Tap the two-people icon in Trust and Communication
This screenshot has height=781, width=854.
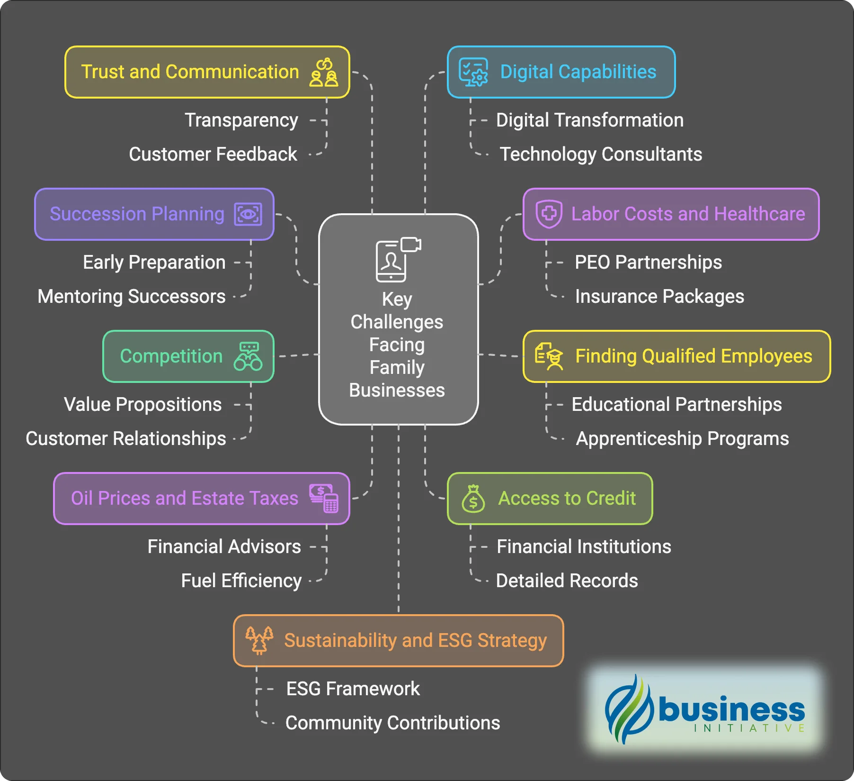[x=324, y=73]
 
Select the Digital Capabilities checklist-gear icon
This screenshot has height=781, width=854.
[x=473, y=73]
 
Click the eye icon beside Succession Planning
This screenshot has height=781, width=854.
[x=248, y=214]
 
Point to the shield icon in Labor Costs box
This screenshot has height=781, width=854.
[x=549, y=214]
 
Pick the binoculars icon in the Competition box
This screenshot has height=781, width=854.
[x=248, y=356]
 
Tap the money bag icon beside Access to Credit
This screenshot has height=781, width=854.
[x=473, y=499]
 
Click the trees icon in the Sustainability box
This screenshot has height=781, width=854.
[x=259, y=640]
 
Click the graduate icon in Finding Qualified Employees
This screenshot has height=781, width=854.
[x=549, y=356]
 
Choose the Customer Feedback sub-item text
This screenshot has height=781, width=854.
[x=213, y=154]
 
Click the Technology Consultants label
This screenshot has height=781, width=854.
[x=601, y=154]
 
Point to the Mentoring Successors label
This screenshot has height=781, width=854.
[x=132, y=297]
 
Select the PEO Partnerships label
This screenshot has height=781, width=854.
[x=648, y=263]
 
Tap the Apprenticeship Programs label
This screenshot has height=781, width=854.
[x=682, y=439]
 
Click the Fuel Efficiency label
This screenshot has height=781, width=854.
[x=241, y=581]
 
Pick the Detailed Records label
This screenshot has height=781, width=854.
[x=567, y=581]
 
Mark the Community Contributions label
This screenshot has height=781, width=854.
[x=392, y=723]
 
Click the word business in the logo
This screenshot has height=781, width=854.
[x=731, y=709]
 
